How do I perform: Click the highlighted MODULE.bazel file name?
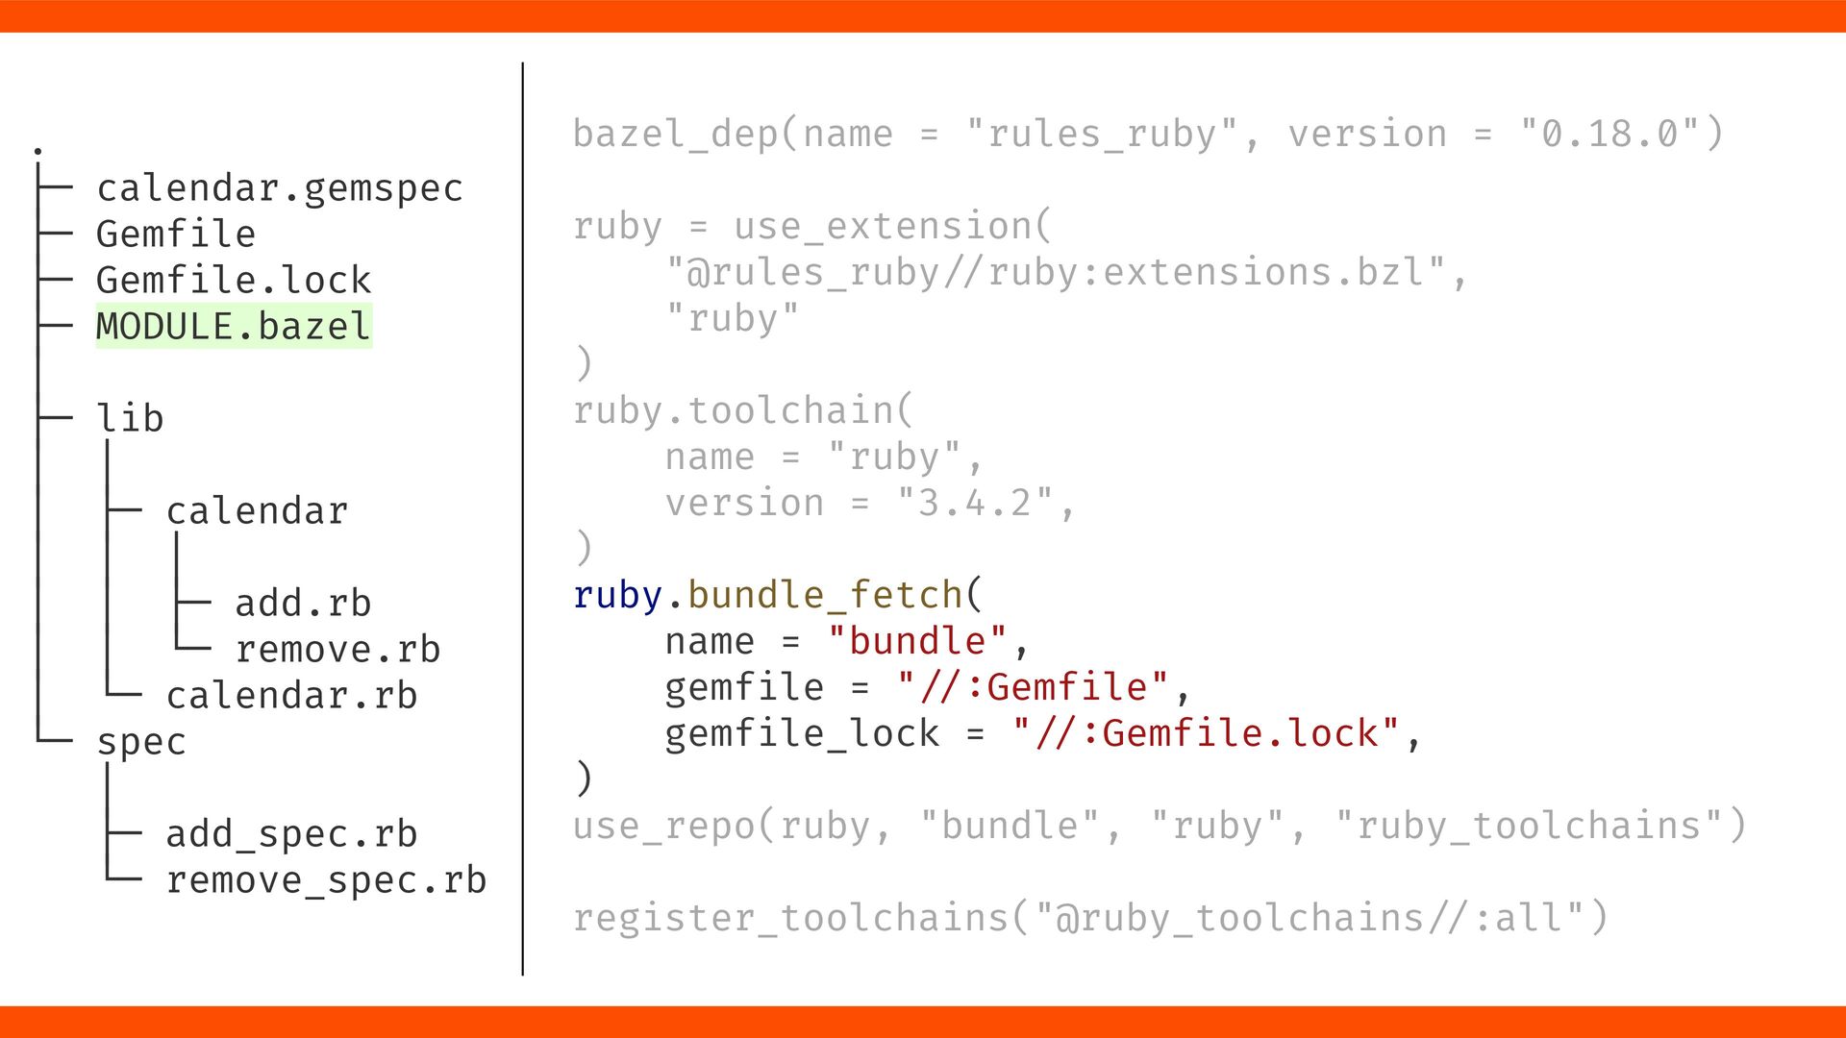[x=234, y=327]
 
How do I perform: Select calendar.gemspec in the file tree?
[x=280, y=188]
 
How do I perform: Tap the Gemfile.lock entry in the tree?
[x=234, y=281]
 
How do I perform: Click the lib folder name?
[x=130, y=419]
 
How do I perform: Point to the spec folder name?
[x=141, y=742]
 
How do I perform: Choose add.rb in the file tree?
[x=303, y=604]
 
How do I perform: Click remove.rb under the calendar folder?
[x=337, y=650]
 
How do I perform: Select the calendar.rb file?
[x=291, y=696]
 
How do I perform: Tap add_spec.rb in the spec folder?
[x=291, y=834]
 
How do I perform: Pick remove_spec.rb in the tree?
[x=326, y=880]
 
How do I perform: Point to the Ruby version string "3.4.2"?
[x=975, y=504]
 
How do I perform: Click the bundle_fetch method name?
[x=825, y=596]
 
